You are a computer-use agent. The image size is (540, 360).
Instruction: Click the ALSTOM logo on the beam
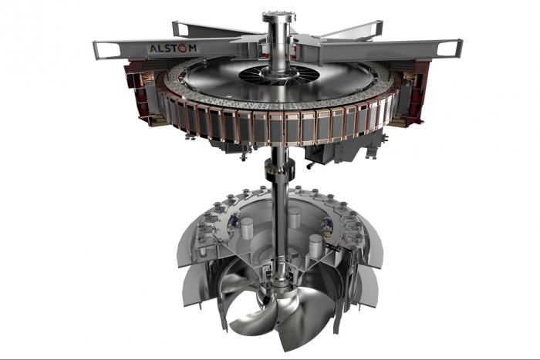tap(173, 49)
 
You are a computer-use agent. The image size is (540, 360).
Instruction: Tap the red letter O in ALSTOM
tap(183, 49)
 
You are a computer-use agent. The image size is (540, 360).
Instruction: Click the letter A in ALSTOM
tap(154, 49)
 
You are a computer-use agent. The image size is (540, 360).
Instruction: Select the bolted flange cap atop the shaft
tap(278, 17)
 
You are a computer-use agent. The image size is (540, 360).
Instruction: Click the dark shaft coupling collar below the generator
tap(280, 168)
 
